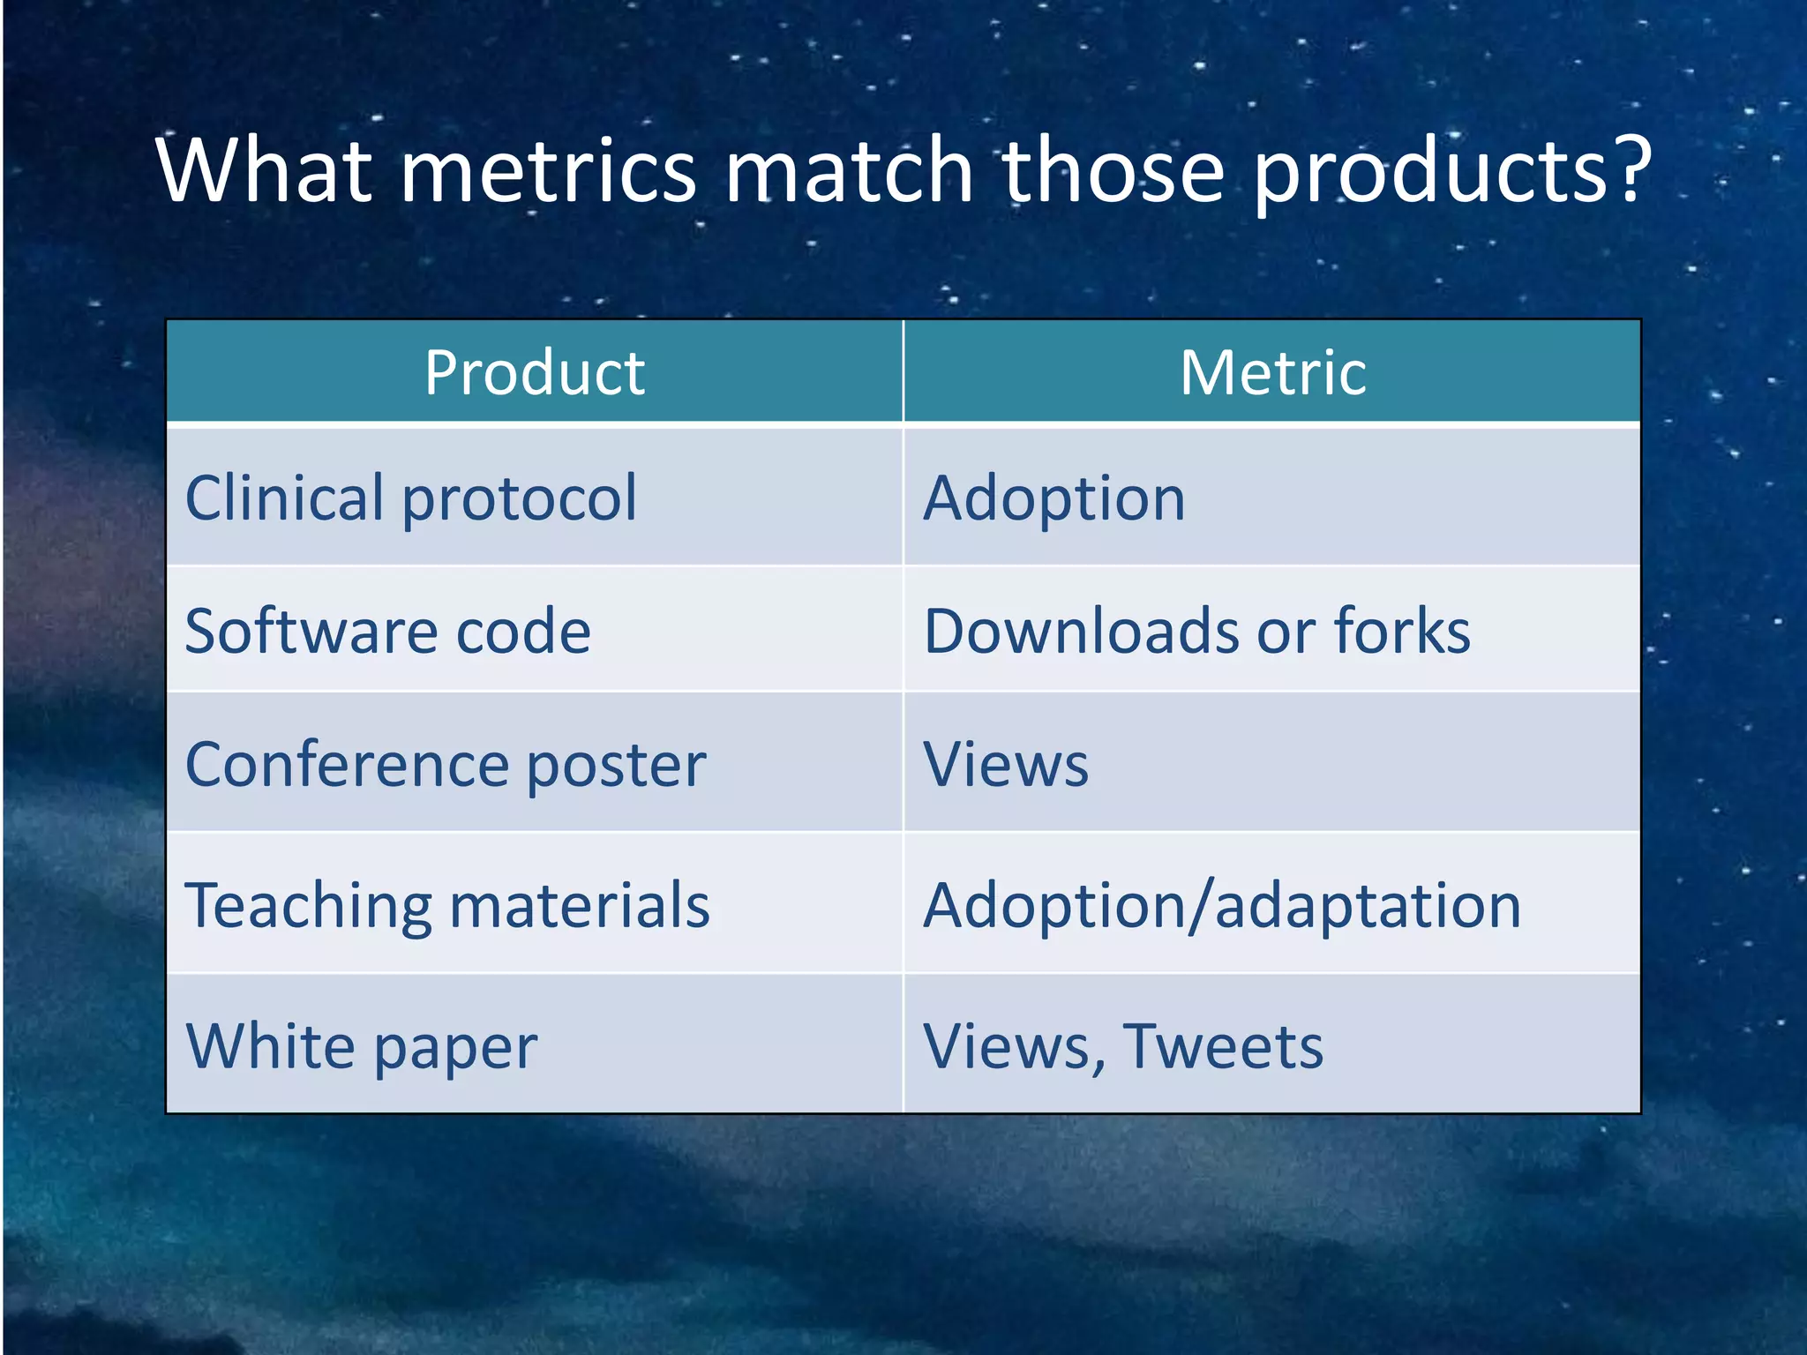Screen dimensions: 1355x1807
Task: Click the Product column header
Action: (535, 372)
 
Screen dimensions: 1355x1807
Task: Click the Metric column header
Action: (1272, 372)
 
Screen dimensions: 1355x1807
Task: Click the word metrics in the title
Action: (549, 169)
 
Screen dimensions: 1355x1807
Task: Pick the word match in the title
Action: (849, 169)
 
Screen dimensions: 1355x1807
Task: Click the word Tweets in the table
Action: (1223, 1047)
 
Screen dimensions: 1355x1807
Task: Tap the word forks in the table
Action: (1402, 632)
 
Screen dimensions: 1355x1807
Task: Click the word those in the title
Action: (1113, 169)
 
